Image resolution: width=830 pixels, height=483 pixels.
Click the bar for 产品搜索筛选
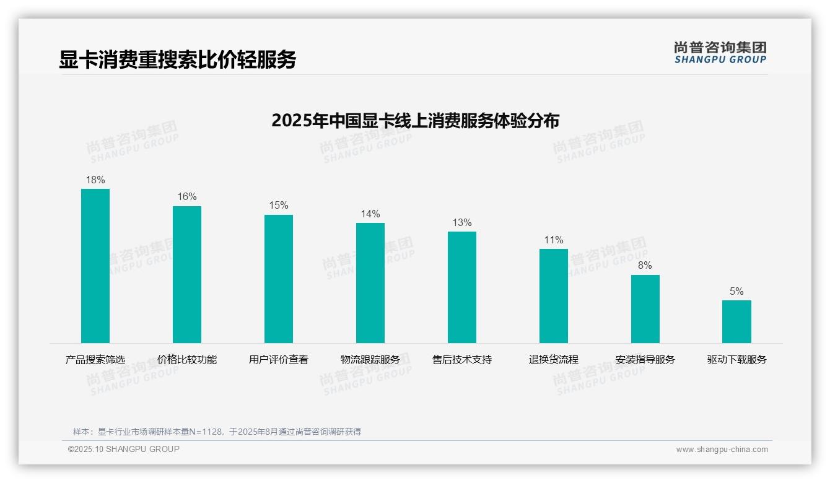coord(95,266)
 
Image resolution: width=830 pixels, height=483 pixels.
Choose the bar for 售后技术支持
coord(462,287)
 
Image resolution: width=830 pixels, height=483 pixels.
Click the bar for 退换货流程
coord(554,296)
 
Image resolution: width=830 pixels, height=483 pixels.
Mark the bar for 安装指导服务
coord(645,309)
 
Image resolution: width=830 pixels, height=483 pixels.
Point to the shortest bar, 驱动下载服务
coord(736,321)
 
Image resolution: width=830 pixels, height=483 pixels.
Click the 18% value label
coord(95,180)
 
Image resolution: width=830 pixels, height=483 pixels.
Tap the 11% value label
coord(554,240)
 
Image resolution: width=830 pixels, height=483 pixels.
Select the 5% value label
coord(736,292)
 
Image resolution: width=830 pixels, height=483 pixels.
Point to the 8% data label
coord(645,266)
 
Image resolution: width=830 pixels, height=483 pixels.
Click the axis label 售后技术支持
coord(462,359)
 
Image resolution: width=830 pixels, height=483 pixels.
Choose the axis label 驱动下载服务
coord(736,359)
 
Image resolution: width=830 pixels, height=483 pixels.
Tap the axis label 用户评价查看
coord(279,359)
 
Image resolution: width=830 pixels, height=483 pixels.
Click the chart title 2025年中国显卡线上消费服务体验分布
coord(415,120)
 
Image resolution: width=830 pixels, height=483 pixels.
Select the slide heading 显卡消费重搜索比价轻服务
coord(178,59)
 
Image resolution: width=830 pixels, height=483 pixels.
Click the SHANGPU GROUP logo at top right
coord(720,53)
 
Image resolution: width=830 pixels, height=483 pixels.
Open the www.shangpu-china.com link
coord(722,450)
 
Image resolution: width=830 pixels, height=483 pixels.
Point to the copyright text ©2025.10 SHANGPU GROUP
coord(124,449)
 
